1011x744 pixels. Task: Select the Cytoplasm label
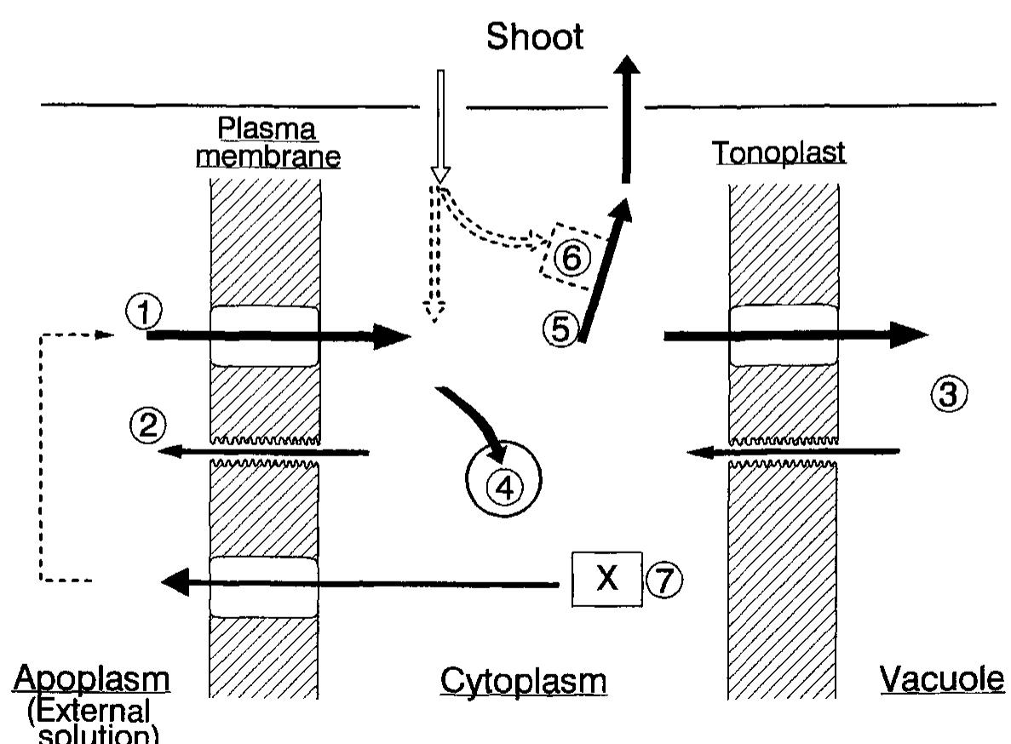point(523,681)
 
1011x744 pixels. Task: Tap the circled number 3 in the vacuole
point(948,392)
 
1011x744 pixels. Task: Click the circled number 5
point(560,328)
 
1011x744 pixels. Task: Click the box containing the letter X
point(606,579)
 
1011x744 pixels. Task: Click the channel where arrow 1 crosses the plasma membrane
point(264,336)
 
